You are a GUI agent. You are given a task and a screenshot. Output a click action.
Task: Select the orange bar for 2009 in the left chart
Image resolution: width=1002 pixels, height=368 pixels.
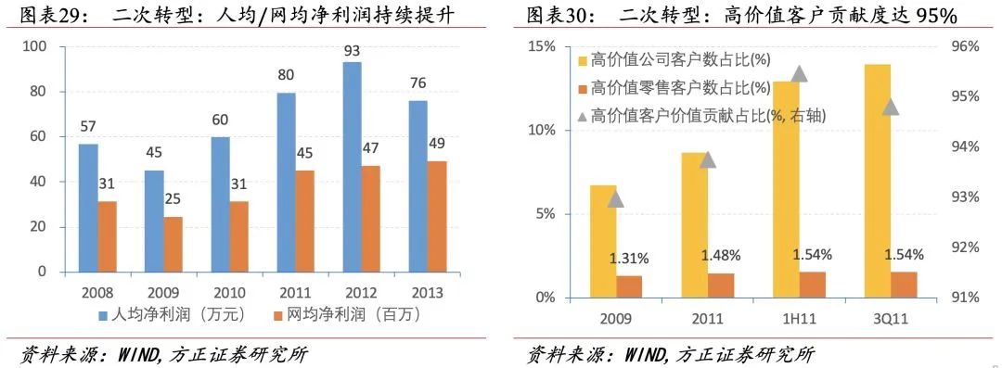click(173, 245)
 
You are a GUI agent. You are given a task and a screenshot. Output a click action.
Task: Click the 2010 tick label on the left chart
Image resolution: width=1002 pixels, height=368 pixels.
click(217, 292)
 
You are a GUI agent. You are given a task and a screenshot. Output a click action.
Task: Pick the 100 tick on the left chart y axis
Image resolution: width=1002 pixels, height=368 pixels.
click(35, 46)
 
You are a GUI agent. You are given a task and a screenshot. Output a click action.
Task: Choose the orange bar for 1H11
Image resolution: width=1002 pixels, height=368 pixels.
click(812, 285)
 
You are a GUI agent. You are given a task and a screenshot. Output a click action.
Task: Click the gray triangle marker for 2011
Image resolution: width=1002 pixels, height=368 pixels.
click(708, 159)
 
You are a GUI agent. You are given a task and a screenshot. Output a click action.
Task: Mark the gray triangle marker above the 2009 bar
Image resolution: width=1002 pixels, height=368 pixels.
click(615, 198)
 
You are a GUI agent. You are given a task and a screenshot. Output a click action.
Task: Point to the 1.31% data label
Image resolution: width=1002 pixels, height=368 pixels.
click(628, 259)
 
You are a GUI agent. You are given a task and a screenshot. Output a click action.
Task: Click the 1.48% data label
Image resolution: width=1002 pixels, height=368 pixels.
click(720, 255)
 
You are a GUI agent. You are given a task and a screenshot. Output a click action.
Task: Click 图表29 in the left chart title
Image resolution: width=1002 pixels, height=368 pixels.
click(47, 15)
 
